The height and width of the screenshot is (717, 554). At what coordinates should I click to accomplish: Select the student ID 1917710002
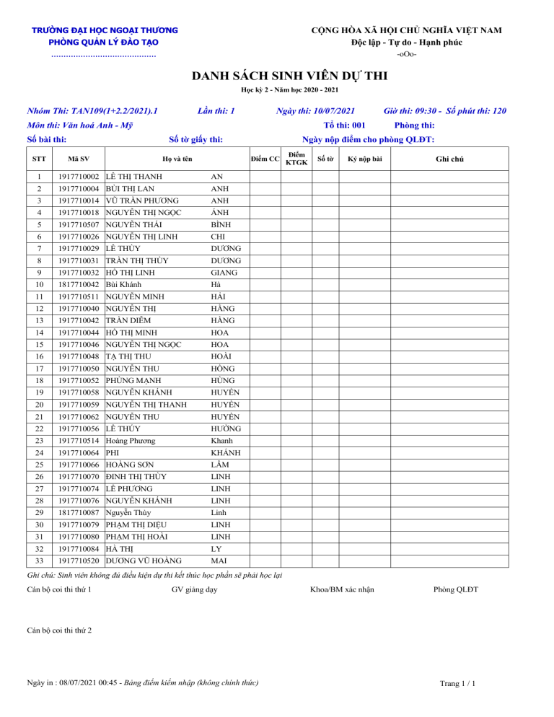(x=79, y=177)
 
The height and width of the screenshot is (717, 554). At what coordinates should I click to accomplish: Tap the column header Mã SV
(x=79, y=158)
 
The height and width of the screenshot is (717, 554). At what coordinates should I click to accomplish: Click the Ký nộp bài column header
(x=364, y=158)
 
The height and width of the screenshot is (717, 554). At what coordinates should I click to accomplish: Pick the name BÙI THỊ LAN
(x=130, y=189)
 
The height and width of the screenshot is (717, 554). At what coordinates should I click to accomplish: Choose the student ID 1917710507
(x=79, y=224)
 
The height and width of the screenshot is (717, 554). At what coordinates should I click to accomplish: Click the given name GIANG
(x=223, y=273)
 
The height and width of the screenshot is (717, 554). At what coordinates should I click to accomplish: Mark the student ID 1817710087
(x=79, y=512)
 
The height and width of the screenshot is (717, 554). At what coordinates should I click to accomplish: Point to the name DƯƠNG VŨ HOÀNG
(x=144, y=560)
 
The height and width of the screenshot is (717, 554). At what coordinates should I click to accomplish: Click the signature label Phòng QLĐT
(x=456, y=590)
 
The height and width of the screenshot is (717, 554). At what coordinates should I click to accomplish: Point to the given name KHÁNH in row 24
(x=225, y=452)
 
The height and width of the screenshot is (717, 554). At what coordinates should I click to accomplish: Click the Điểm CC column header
(x=265, y=158)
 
